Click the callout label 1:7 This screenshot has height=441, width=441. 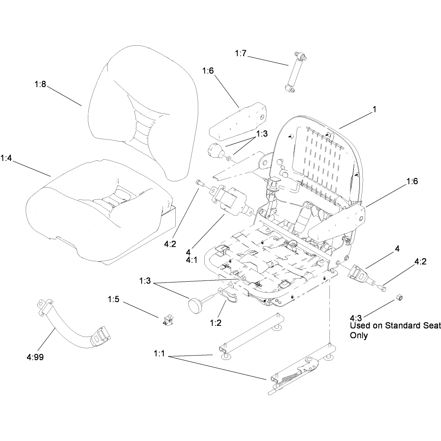pos(240,53)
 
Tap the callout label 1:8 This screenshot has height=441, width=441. pos(40,84)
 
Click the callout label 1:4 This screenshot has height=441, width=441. pos(6,158)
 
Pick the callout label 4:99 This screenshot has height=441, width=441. pos(35,357)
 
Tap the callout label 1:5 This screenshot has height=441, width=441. pos(114,299)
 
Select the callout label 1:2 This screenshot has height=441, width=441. pos(216,323)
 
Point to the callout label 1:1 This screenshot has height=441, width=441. pos(159,354)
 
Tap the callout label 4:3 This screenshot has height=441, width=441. pos(356,318)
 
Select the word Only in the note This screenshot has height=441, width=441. pos(359,335)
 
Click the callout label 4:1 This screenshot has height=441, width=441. pos(191,260)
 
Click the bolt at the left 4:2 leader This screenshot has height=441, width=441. pos(199,183)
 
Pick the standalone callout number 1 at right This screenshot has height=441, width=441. pos(374,109)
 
